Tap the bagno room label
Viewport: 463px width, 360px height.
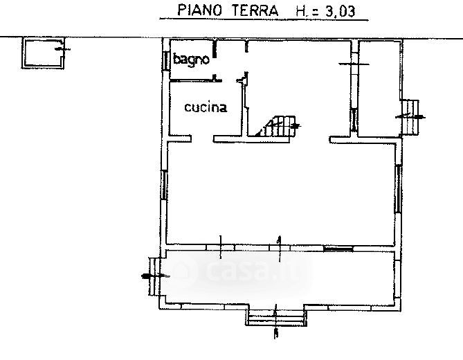click(x=191, y=60)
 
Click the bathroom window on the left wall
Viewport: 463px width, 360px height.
click(x=167, y=60)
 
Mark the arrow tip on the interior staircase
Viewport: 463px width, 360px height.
click(x=299, y=126)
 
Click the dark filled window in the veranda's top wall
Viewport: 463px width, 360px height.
click(x=338, y=247)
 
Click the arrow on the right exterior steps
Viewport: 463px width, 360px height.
click(x=404, y=116)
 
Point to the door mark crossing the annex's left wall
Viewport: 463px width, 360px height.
click(x=355, y=64)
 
